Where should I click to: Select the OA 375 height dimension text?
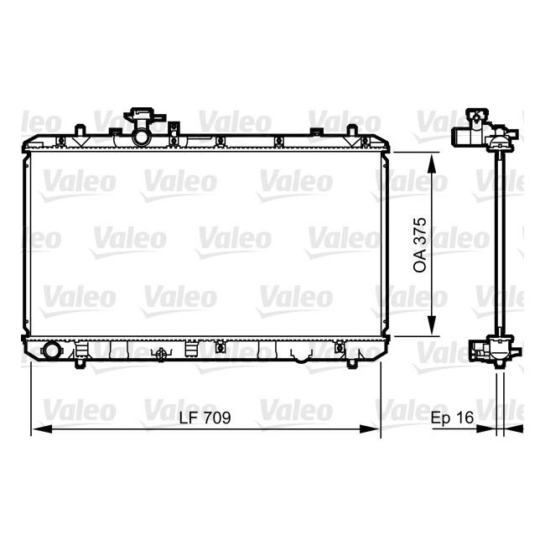click(421, 244)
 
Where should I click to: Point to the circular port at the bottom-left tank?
click(51, 351)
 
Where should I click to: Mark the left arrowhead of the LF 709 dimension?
click(36, 429)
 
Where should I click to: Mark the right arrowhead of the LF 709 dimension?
click(376, 429)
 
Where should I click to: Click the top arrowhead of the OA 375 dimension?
click(432, 158)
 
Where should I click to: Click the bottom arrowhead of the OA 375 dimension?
click(432, 331)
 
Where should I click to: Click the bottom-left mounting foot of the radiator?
click(81, 364)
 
